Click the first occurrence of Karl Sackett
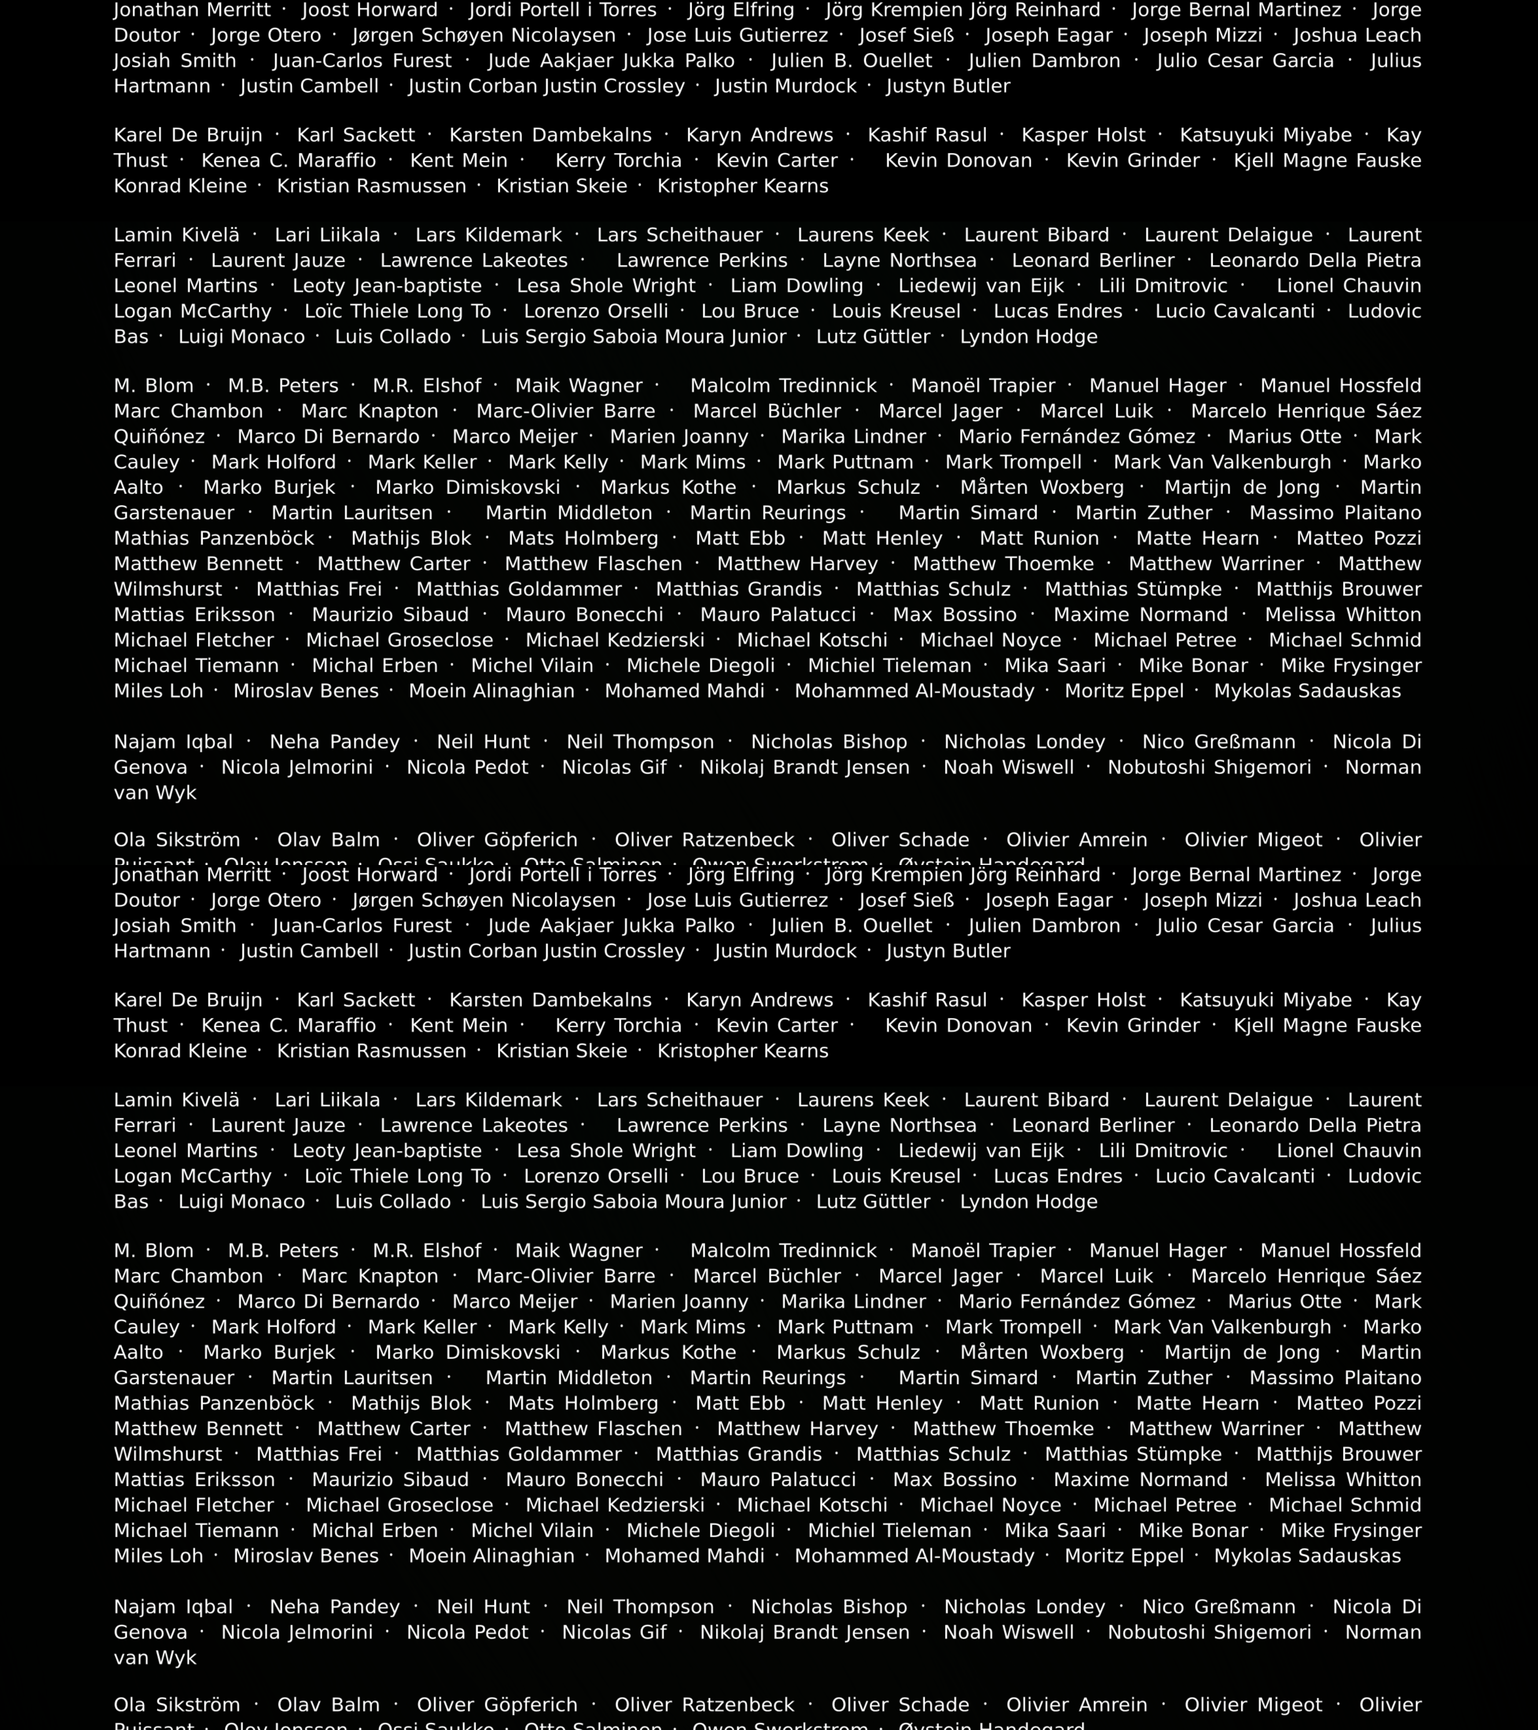click(x=356, y=135)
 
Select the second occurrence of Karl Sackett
click(x=356, y=1000)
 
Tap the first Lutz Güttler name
click(x=873, y=337)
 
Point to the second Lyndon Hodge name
click(x=1029, y=1202)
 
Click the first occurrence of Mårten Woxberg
click(x=1042, y=487)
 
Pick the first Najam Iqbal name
click(x=173, y=742)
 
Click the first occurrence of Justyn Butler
click(x=948, y=86)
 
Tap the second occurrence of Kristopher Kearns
click(x=742, y=1051)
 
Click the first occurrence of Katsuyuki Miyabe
click(x=1265, y=135)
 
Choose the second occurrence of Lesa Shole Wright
click(x=606, y=1151)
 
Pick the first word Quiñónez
click(x=159, y=437)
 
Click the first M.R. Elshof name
click(x=427, y=386)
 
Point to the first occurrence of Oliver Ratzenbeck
click(x=704, y=840)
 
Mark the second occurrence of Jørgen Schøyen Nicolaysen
click(x=483, y=900)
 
